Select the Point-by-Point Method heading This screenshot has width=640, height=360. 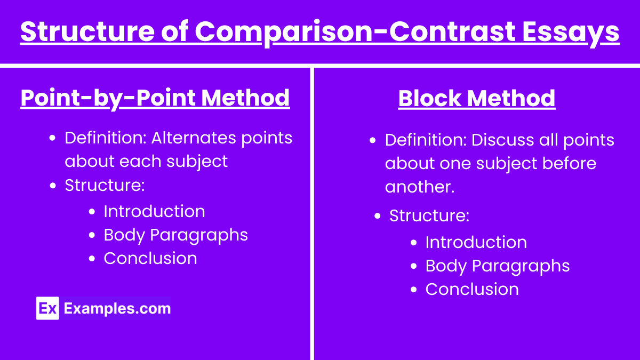pyautogui.click(x=155, y=98)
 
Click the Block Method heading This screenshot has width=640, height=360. pyautogui.click(x=477, y=99)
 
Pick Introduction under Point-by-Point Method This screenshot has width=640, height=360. pyautogui.click(x=154, y=211)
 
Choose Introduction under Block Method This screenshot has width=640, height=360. pyautogui.click(x=476, y=242)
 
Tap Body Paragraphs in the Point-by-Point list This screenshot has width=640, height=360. pyautogui.click(x=175, y=235)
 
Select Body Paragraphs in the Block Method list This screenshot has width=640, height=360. pyautogui.click(x=497, y=266)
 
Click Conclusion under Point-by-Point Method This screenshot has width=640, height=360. pyautogui.click(x=150, y=258)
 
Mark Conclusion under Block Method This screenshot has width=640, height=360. pyautogui.click(x=472, y=289)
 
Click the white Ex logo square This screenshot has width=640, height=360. pyautogui.click(x=47, y=308)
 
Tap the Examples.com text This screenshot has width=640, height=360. pyautogui.click(x=117, y=308)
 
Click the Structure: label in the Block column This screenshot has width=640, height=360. pyautogui.click(x=429, y=215)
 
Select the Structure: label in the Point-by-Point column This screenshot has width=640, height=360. pyautogui.click(x=105, y=185)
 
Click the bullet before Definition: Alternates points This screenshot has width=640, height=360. pyautogui.click(x=52, y=138)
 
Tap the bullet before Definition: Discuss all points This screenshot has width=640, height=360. pyautogui.click(x=373, y=140)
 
